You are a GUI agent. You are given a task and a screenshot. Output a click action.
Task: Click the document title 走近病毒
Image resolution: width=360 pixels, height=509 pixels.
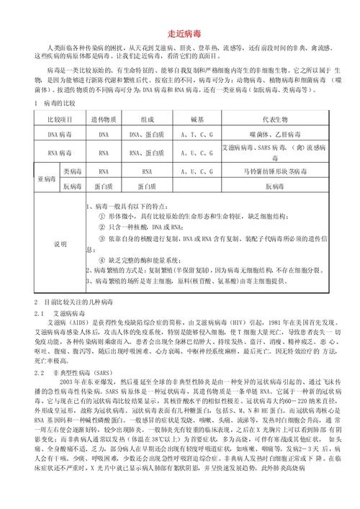click(179, 32)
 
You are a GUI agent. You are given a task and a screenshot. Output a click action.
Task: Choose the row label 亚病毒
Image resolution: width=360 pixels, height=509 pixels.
click(46, 179)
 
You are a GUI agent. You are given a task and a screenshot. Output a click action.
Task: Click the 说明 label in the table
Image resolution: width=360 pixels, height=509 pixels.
click(60, 244)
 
